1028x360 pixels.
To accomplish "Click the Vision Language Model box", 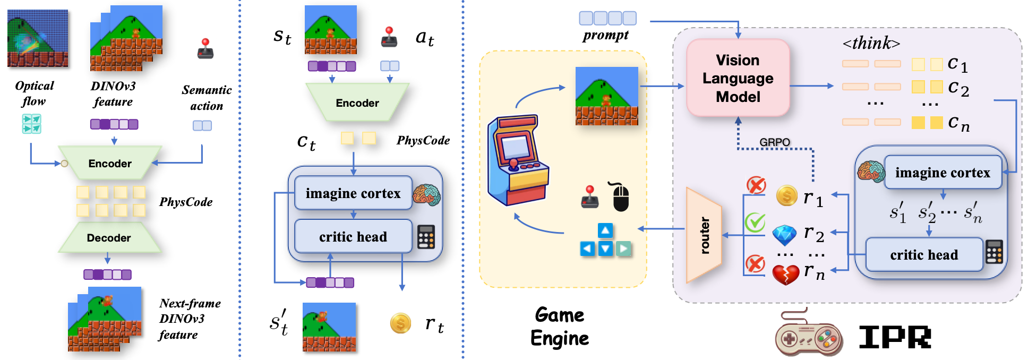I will pos(738,78).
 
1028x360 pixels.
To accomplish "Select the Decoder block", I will pos(109,238).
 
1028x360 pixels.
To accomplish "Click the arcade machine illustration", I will pos(518,160).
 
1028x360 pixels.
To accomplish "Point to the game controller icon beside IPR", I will pos(808,335).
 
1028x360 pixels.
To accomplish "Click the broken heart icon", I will pos(785,274).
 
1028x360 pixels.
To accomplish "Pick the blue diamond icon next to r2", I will pos(784,234).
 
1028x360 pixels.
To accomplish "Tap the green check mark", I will pos(755,222).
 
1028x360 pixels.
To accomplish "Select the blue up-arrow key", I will pos(605,230).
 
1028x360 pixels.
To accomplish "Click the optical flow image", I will pos(37,38).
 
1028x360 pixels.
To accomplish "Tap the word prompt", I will pos(605,36).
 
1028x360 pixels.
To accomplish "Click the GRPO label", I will pos(774,142).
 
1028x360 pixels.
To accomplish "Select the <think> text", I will pos(871,43).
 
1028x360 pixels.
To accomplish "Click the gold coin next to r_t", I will pos(400,323).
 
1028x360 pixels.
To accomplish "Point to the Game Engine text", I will pos(559,327).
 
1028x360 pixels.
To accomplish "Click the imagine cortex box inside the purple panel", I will pos(942,173).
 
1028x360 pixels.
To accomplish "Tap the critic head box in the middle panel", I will pos(353,237).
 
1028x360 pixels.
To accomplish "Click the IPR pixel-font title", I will pos(895,337).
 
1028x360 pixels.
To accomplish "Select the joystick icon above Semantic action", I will pos(205,49).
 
